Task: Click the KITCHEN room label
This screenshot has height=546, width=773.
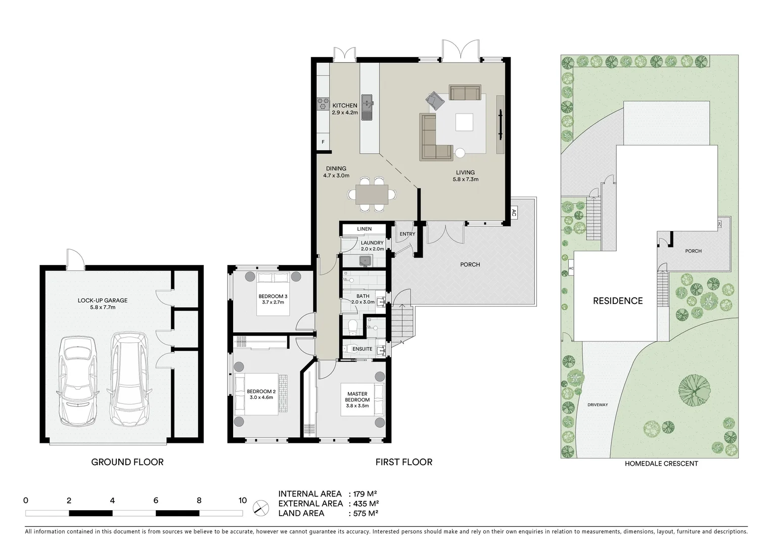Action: coord(344,106)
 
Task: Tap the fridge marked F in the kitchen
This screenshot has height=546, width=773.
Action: coord(323,142)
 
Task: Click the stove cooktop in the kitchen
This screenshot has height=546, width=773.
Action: coord(323,104)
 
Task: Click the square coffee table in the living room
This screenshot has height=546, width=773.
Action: coord(465,122)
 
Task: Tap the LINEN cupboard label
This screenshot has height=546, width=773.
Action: coord(364,229)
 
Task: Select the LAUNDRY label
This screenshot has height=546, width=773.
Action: coord(372,243)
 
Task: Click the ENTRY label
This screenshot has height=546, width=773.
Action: coord(407,234)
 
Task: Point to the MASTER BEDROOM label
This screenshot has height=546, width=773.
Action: coord(357,397)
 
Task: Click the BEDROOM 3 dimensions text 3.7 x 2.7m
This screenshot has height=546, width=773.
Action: coord(273,302)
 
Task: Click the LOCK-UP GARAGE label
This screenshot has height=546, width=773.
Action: coord(103,300)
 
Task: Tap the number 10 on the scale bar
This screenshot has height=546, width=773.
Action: coord(243,500)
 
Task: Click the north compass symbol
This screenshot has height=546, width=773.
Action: coord(261,507)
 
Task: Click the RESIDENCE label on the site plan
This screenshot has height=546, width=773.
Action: coord(618,301)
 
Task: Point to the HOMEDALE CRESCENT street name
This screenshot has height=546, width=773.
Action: coord(661,464)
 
